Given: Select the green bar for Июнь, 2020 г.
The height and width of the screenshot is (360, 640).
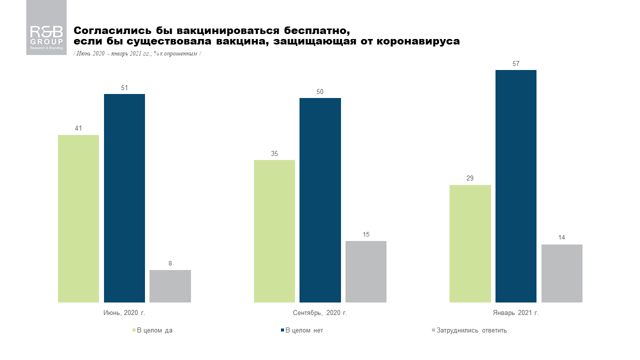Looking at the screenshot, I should pos(78,218).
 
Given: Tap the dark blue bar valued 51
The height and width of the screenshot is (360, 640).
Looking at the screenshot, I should pos(124,198).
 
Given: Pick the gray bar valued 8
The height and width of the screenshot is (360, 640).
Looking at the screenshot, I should pos(170,286).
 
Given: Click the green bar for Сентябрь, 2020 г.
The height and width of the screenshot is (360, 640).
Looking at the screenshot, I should pos(274,231).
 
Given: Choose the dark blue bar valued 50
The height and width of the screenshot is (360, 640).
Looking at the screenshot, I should pos(320,200).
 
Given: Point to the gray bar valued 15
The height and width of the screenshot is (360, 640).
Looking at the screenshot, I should pos(366,271).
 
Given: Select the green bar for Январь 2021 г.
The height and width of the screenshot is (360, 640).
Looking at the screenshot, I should pos(470,243).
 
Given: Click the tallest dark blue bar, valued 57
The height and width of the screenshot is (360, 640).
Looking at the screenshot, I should pos(516,186).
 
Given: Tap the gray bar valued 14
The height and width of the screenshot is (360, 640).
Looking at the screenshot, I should pos(562,273).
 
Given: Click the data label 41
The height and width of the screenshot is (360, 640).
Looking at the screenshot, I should pos(78,128).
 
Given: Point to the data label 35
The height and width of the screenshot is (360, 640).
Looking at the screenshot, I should pos(274,153).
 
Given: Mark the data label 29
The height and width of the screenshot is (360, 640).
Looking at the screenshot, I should pos(470,178).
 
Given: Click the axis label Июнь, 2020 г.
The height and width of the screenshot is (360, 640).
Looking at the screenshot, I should pos(124,313).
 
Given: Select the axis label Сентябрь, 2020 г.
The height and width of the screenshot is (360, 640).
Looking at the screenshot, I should pos(320,313).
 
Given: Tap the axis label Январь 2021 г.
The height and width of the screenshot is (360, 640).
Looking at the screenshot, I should pos(515,313).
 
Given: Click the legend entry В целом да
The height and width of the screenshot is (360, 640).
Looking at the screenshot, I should pos(154,330).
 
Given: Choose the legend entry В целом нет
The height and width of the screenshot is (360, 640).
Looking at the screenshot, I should pos(303,330).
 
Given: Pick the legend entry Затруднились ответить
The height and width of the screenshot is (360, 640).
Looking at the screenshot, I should pos(471,330).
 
